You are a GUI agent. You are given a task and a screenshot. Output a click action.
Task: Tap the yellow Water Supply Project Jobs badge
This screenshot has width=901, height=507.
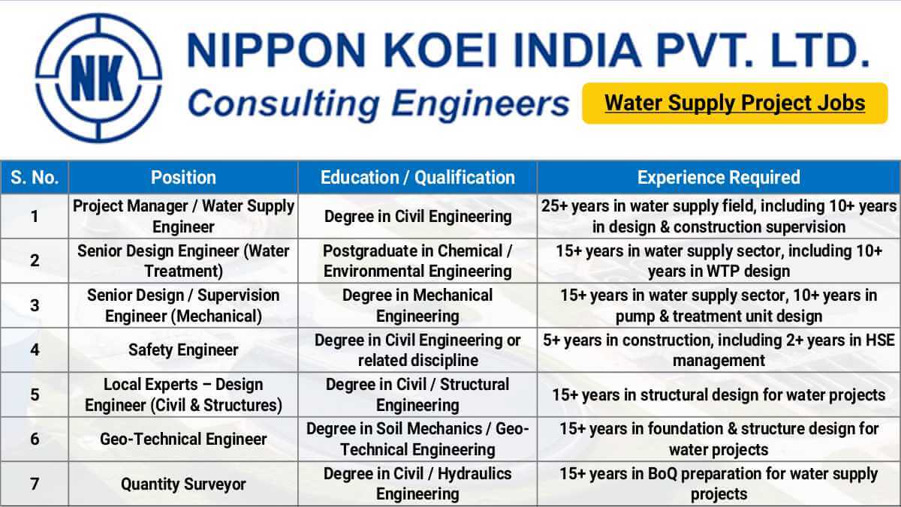click(x=734, y=103)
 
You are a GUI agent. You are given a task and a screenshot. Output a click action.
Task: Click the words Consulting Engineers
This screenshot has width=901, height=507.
click(x=378, y=103)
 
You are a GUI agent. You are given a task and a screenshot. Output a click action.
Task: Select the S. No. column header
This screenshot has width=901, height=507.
click(x=35, y=178)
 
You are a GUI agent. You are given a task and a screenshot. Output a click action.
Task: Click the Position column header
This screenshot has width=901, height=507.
click(x=183, y=178)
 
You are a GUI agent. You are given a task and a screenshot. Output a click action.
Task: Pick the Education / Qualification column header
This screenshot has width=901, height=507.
click(x=417, y=178)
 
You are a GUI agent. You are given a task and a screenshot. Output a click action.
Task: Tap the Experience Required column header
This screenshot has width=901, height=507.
click(x=719, y=178)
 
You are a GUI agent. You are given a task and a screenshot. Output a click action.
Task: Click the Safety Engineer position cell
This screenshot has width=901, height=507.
click(x=183, y=350)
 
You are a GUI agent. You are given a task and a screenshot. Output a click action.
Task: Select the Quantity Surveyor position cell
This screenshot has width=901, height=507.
click(x=183, y=484)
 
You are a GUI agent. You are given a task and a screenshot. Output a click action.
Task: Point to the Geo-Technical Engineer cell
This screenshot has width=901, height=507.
click(x=183, y=439)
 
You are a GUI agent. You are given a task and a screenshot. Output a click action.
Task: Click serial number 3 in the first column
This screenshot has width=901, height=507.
click(x=35, y=305)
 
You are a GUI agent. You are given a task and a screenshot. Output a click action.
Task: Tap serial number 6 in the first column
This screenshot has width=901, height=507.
click(x=35, y=439)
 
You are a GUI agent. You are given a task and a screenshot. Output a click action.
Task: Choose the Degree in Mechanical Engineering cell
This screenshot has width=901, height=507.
click(x=417, y=305)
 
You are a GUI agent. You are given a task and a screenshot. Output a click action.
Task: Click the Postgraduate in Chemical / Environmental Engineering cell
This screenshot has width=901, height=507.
click(x=417, y=261)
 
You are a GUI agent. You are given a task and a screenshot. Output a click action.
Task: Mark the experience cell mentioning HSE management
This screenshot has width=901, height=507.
click(x=719, y=350)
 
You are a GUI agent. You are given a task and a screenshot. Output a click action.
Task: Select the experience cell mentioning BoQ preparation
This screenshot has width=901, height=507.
click(x=719, y=484)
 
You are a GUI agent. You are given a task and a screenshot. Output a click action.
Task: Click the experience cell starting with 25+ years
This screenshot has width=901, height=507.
click(x=719, y=216)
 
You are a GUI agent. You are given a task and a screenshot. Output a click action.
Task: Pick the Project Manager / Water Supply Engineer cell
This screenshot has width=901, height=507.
click(x=183, y=216)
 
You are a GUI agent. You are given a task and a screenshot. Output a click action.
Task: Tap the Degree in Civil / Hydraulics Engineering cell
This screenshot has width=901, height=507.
click(x=417, y=484)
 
